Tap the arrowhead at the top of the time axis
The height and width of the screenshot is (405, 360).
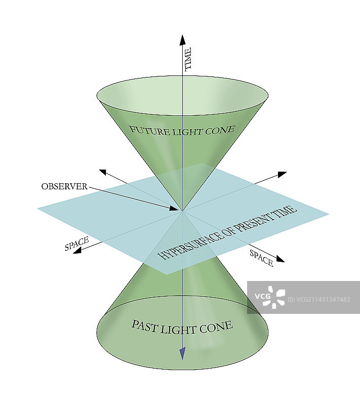pyautogui.click(x=182, y=39)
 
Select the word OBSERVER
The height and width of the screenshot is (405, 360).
pyautogui.click(x=64, y=186)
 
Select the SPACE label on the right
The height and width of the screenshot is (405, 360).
pyautogui.click(x=261, y=258)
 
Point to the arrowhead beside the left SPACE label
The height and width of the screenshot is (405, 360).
pyautogui.click(x=77, y=251)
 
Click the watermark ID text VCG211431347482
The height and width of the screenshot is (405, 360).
pyautogui.click(x=318, y=299)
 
